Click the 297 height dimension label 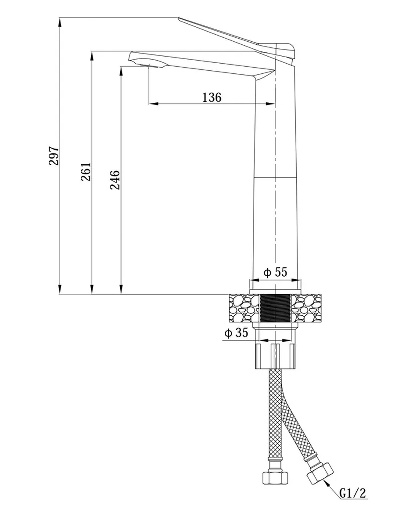[x=54, y=155]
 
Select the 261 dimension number [x=86, y=172]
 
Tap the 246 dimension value [x=115, y=180]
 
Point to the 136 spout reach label [x=212, y=97]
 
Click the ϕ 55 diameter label [x=275, y=272]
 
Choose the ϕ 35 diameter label [x=236, y=333]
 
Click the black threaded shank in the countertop [x=275, y=308]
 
